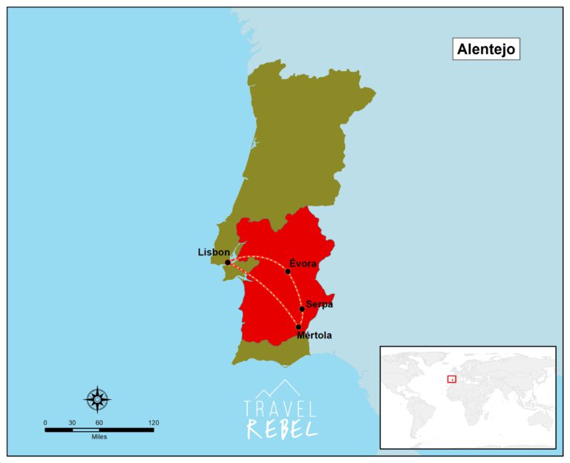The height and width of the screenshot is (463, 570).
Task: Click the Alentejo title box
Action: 485,49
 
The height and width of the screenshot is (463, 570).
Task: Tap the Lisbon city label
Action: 213,252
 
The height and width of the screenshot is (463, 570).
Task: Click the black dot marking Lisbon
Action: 227,263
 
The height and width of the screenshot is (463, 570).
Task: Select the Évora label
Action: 303,263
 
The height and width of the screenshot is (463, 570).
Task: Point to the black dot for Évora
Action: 288,272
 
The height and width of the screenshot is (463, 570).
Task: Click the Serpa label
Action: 319,303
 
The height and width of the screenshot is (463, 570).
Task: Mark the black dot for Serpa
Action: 302,309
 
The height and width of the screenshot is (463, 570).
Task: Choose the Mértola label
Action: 314,335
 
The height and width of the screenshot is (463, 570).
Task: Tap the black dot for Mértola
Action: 298,326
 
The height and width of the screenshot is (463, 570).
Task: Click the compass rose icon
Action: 97,400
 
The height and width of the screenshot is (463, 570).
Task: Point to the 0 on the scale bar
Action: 45,422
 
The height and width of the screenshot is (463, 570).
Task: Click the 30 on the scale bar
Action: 72,422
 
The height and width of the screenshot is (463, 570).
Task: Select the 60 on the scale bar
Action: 99,422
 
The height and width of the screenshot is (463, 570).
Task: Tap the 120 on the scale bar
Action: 153,422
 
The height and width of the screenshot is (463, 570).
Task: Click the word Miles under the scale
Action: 99,437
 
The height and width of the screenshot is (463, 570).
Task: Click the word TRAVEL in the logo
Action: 281,409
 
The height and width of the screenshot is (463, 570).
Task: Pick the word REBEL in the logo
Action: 281,427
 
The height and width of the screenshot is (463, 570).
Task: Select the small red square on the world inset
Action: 451,378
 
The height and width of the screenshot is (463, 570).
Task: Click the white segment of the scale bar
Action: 85,430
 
